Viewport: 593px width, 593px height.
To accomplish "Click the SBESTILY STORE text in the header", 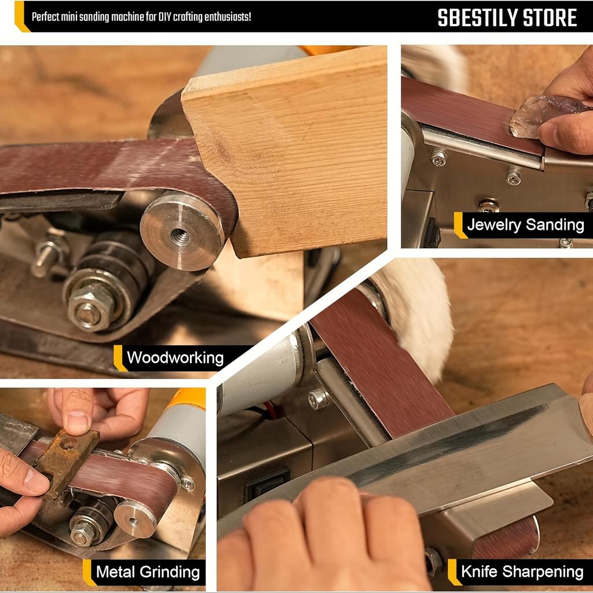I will (x=507, y=18).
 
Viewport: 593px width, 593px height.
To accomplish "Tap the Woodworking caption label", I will (x=175, y=357).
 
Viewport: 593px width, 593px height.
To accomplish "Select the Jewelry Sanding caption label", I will (x=525, y=225).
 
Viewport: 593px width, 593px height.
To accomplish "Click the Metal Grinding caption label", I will (x=148, y=572).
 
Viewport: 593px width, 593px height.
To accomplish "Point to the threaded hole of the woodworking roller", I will (x=180, y=236).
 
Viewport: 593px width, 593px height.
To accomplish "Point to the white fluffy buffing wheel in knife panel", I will (x=417, y=313).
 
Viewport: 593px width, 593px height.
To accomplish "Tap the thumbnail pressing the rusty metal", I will (x=76, y=422).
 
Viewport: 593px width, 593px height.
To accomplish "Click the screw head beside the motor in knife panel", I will (x=317, y=398).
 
